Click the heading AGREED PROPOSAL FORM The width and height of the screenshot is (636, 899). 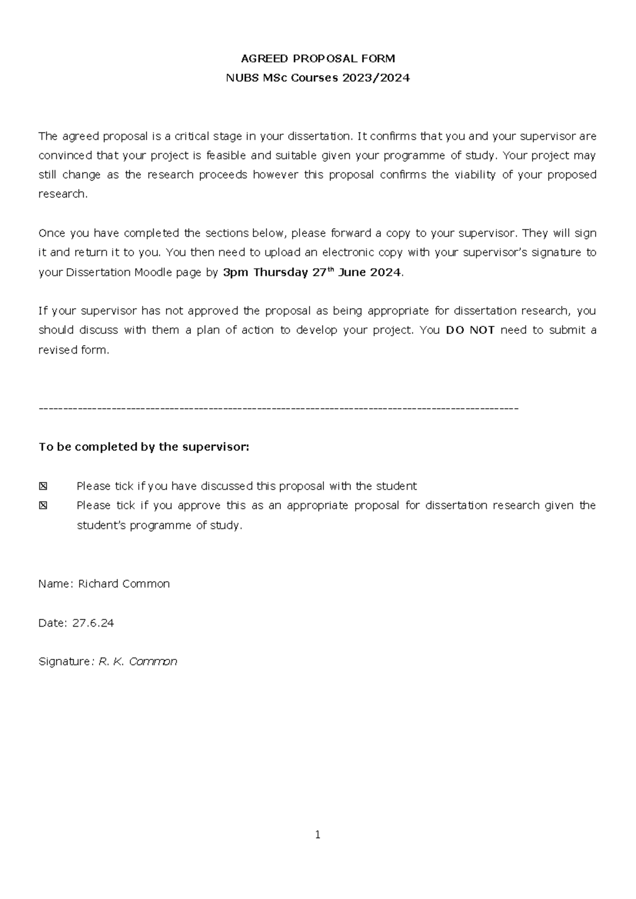[318, 58]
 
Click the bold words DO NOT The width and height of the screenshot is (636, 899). [470, 330]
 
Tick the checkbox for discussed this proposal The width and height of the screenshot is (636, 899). [43, 486]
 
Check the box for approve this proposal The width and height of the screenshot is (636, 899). [43, 506]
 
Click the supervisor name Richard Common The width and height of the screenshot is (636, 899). [123, 584]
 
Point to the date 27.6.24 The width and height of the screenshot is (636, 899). [93, 623]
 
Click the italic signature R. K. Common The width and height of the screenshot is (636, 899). [138, 662]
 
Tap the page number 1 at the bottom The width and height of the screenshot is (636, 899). [318, 835]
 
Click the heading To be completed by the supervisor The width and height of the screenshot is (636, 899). [144, 447]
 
